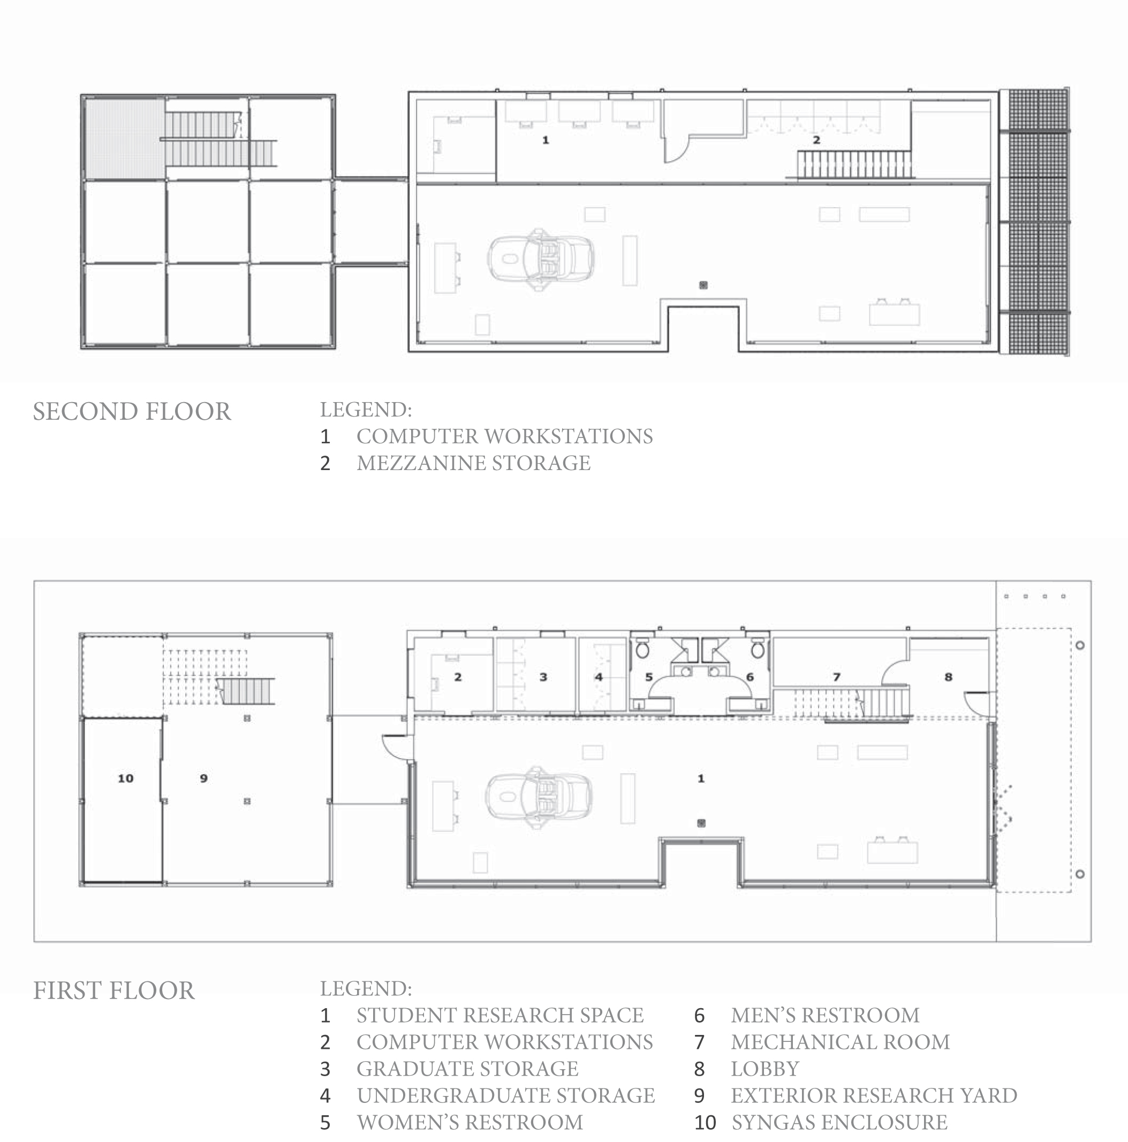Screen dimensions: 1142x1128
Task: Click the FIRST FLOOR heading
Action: point(113,990)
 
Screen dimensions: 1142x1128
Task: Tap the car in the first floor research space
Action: point(539,797)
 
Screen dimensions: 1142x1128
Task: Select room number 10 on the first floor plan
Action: point(125,778)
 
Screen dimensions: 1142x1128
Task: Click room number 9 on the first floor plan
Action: point(203,778)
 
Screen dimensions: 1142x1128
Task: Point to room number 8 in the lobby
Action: point(948,677)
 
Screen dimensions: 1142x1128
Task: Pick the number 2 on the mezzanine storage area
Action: point(816,140)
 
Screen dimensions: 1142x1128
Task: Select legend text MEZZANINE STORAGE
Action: point(473,463)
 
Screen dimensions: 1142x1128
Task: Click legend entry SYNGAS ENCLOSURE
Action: point(839,1122)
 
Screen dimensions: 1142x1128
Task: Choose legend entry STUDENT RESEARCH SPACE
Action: point(499,1015)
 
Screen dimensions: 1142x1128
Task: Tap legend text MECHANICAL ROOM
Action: point(840,1041)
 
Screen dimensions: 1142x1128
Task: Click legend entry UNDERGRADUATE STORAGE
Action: point(505,1095)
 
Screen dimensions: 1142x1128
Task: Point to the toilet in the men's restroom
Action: point(758,649)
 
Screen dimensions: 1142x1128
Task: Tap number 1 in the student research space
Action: point(701,778)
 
